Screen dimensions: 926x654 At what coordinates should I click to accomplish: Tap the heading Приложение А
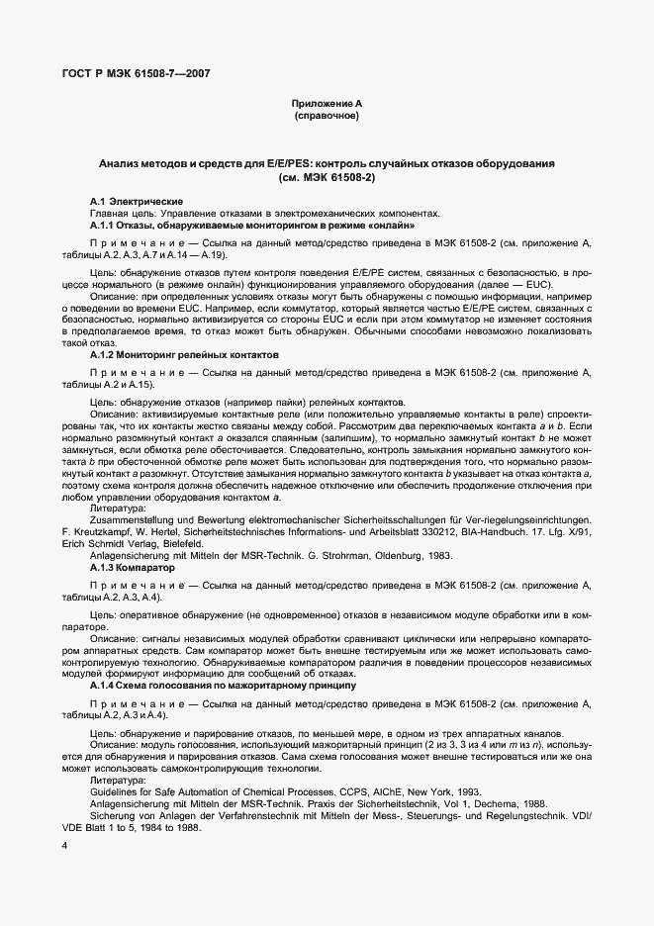[327, 104]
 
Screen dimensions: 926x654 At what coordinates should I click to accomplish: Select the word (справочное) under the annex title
[327, 116]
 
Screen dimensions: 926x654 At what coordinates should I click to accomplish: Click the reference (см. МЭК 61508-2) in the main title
[327, 179]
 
